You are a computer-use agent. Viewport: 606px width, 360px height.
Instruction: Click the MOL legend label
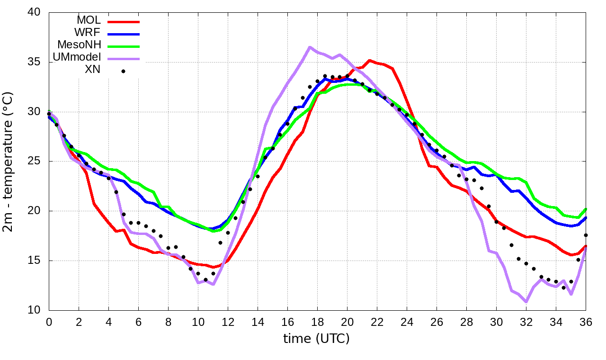(89, 21)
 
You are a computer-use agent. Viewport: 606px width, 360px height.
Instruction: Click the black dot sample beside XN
(123, 71)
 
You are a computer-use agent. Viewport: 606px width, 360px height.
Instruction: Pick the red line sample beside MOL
(124, 21)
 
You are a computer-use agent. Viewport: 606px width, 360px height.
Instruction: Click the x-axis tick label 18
(318, 322)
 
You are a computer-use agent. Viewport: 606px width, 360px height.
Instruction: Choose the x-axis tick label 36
(586, 322)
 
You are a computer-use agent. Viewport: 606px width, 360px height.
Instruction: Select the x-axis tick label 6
(139, 322)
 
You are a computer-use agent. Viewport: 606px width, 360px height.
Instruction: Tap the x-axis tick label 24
(407, 322)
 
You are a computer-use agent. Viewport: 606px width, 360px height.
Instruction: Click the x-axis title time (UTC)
(316, 339)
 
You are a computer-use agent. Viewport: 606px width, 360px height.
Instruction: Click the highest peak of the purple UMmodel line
(310, 47)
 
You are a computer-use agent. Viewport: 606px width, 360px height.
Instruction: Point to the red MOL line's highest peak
(370, 61)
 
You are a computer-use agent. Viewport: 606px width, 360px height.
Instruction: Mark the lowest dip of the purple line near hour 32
(526, 302)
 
